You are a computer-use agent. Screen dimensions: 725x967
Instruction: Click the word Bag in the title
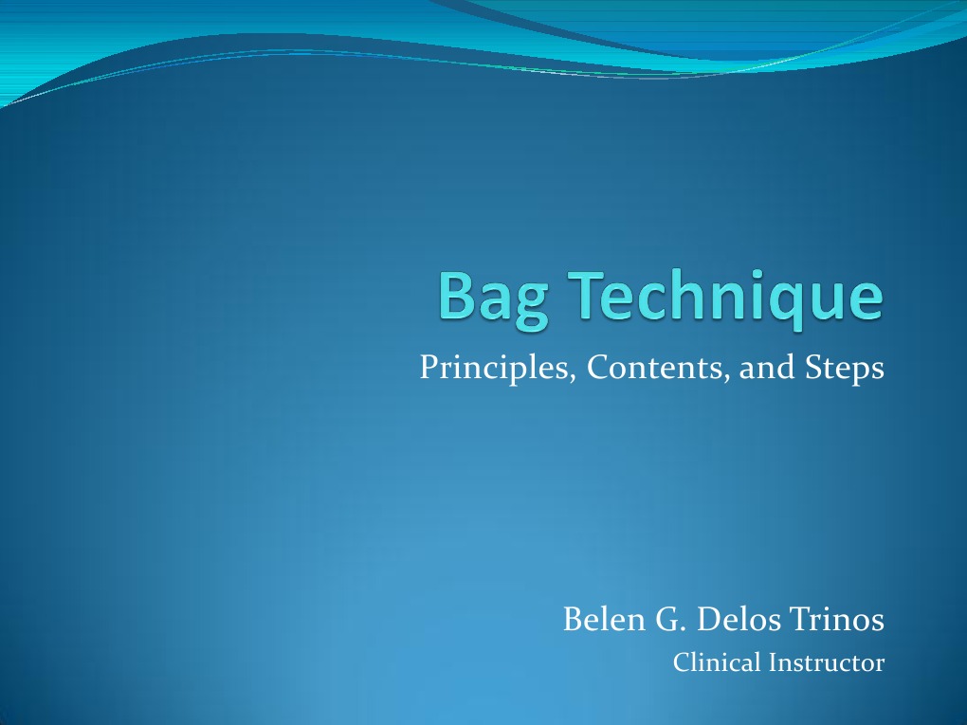pyautogui.click(x=496, y=298)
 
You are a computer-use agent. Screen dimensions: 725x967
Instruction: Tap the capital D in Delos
pyautogui.click(x=705, y=621)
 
